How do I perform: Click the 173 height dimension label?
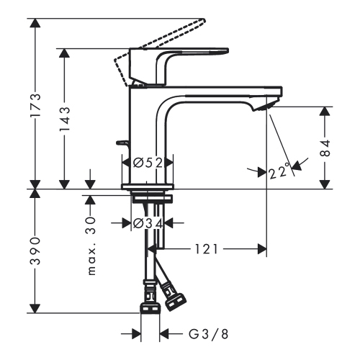35,104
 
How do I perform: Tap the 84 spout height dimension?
325,148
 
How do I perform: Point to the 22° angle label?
279,171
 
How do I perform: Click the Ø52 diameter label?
147,162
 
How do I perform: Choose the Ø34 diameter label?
147,223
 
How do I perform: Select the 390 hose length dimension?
35,251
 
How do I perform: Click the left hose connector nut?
149,305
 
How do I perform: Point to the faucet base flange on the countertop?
148,186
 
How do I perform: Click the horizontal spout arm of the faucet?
216,92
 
